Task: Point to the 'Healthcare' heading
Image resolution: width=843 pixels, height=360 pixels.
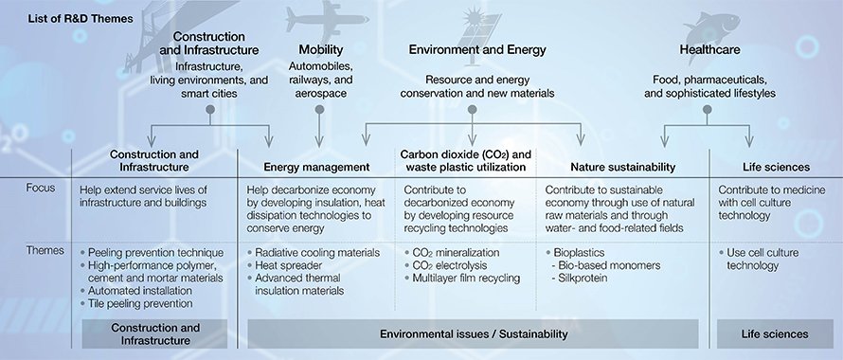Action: tap(708, 49)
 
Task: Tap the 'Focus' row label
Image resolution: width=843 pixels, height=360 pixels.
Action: tap(41, 188)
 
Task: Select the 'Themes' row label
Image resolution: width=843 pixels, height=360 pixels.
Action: tap(45, 251)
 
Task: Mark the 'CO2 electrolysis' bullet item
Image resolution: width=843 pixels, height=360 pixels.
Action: tap(451, 265)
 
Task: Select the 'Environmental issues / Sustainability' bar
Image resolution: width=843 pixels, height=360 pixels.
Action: tap(473, 333)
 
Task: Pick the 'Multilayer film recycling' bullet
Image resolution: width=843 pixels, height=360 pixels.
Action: tap(466, 279)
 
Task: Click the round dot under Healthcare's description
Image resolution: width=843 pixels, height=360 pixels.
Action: tap(706, 110)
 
